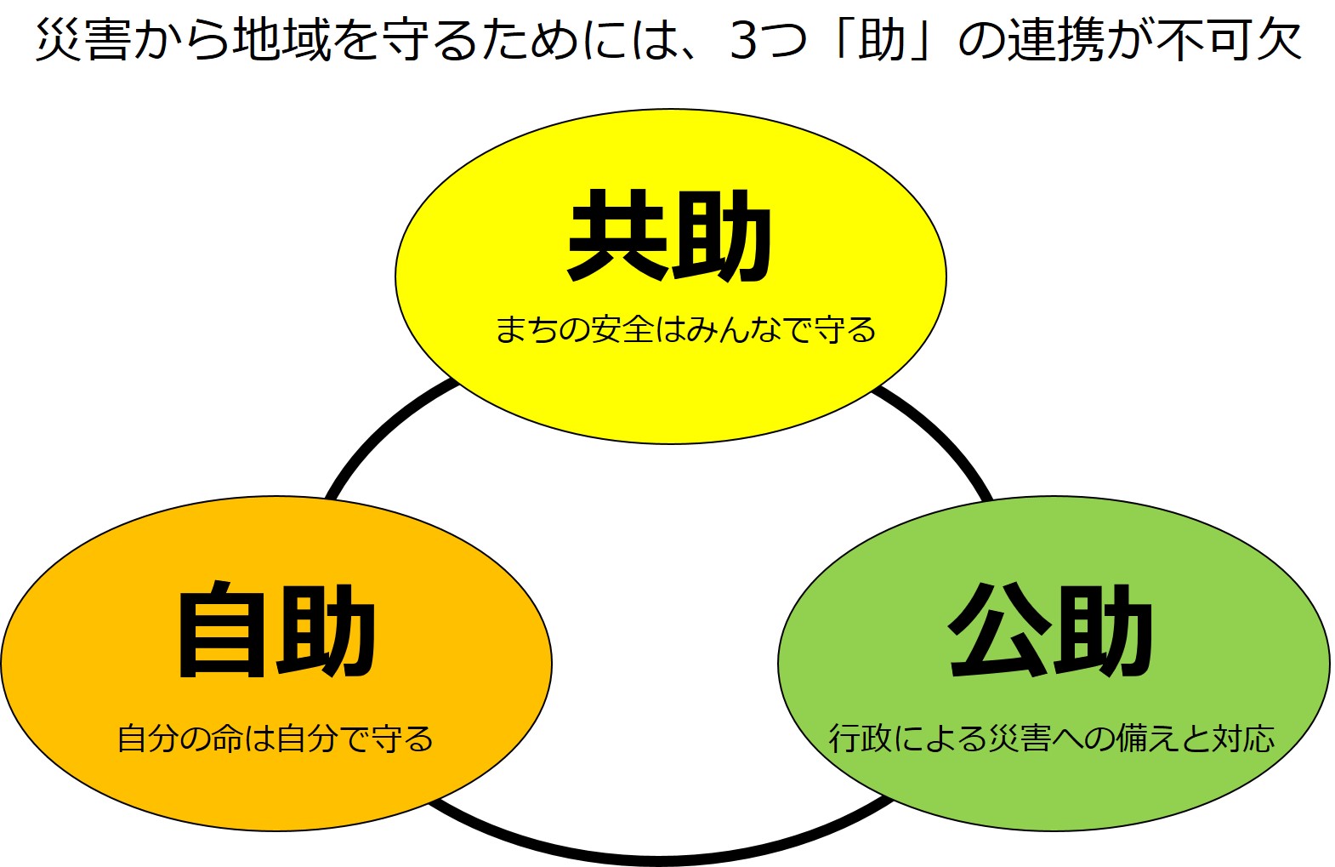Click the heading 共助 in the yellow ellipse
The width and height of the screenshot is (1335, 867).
click(x=669, y=236)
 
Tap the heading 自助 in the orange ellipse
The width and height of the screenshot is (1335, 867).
click(x=276, y=630)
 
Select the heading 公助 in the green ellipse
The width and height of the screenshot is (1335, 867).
click(x=1050, y=630)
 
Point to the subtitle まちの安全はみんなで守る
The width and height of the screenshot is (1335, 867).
click(x=685, y=329)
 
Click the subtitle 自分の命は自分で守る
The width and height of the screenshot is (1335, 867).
click(x=276, y=739)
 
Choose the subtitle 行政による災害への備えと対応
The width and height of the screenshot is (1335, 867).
click(x=1052, y=739)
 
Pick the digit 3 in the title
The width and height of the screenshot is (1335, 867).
click(x=743, y=40)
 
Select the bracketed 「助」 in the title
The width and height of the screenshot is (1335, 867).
click(x=882, y=40)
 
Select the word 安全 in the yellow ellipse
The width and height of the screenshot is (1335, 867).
click(x=623, y=329)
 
